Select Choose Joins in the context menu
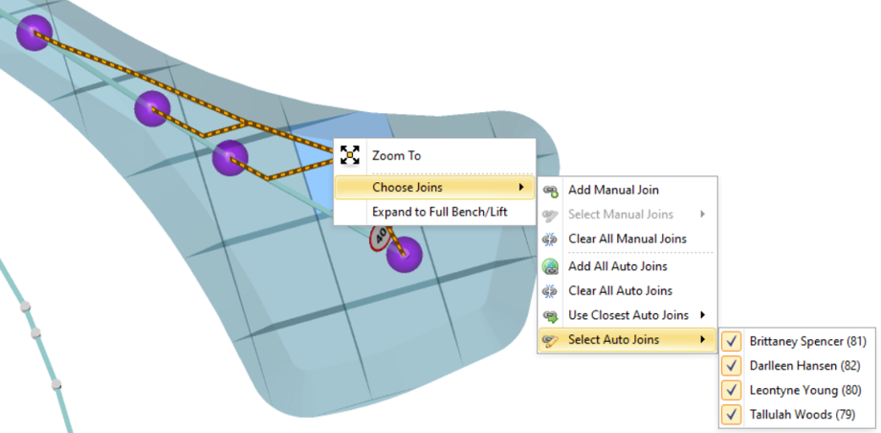pyautogui.click(x=407, y=187)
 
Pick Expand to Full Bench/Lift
pyautogui.click(x=439, y=212)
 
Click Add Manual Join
pyautogui.click(x=613, y=191)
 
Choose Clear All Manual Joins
pyautogui.click(x=627, y=239)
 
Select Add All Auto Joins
pyautogui.click(x=617, y=266)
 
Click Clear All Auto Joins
pyautogui.click(x=620, y=290)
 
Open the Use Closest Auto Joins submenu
pyautogui.click(x=628, y=315)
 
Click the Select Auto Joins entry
pyautogui.click(x=613, y=339)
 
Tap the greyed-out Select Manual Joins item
pyautogui.click(x=620, y=215)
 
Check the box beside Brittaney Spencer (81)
pyautogui.click(x=732, y=341)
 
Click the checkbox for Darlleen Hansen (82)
pyautogui.click(x=732, y=366)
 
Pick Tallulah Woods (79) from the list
pyautogui.click(x=803, y=415)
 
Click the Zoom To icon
pyautogui.click(x=350, y=155)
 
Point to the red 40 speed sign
pyautogui.click(x=381, y=236)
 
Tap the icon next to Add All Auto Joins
pyautogui.click(x=550, y=266)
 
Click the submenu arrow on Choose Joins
pyautogui.click(x=521, y=187)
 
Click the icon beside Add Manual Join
pyautogui.click(x=550, y=191)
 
